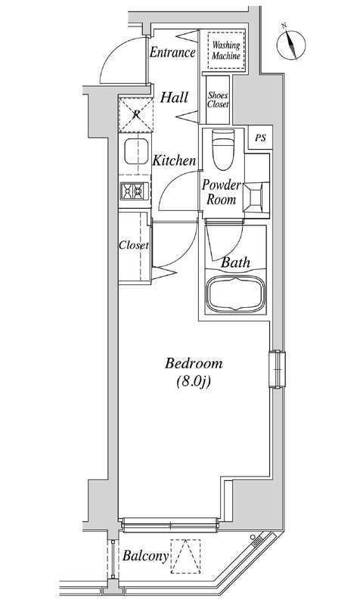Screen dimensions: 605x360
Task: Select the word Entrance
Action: (172, 52)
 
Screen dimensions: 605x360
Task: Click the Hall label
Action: (175, 98)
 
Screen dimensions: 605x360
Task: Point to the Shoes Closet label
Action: (219, 100)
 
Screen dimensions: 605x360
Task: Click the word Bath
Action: (237, 263)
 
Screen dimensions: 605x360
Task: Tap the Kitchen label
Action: (174, 161)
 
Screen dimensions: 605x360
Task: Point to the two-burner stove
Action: (134, 193)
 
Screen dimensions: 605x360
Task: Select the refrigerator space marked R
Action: (135, 114)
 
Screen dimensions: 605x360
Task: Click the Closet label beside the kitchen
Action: (134, 246)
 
